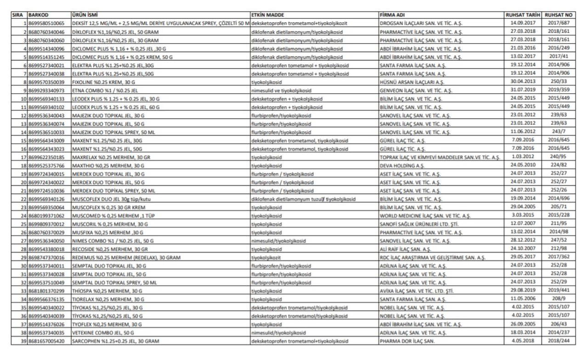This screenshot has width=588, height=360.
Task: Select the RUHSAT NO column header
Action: (558, 15)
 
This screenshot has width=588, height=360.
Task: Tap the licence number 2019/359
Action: (558, 90)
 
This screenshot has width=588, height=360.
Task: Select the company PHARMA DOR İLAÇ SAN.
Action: (407, 341)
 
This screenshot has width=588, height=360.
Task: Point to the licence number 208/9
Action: (558, 299)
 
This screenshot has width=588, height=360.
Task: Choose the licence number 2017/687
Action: (558, 23)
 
